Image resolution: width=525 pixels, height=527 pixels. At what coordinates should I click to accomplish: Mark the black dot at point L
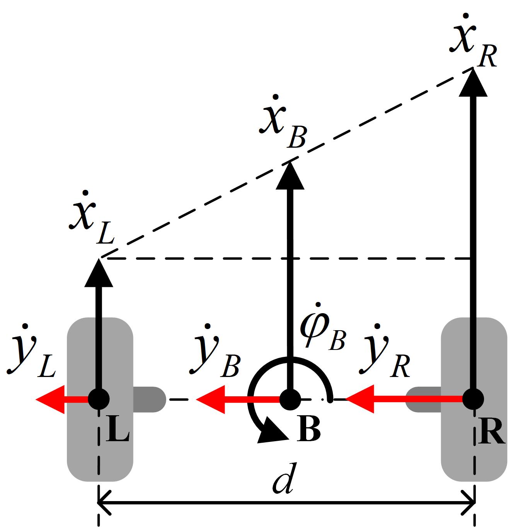coord(99,399)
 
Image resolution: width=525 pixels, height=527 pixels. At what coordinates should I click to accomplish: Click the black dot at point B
coord(290,399)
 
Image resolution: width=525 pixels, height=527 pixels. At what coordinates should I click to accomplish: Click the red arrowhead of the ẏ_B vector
coord(211,399)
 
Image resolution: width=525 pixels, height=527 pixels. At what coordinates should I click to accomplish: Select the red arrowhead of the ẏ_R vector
coord(360,399)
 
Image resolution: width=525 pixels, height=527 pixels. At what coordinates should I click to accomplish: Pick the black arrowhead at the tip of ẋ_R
coord(473,82)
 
